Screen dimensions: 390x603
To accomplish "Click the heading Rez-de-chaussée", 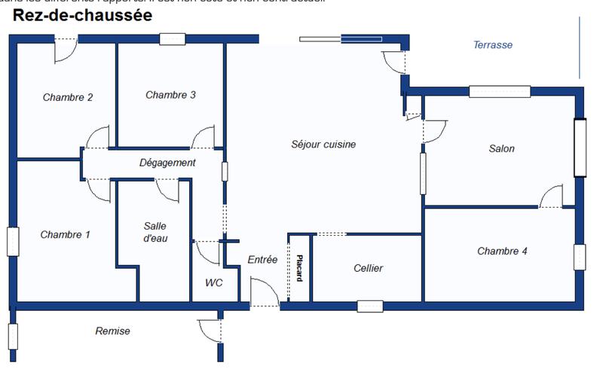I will (x=82, y=16).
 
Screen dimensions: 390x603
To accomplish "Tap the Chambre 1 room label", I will (x=66, y=235).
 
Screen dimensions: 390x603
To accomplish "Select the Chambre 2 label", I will (x=68, y=97).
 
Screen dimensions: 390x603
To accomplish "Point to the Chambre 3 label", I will (x=170, y=95).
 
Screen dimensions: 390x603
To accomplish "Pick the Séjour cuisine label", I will (x=323, y=144).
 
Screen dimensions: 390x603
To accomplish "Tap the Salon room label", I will (x=502, y=148).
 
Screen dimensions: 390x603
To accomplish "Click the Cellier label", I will (x=368, y=268).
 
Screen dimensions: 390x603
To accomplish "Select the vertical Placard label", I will (x=299, y=267).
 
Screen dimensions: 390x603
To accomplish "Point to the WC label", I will (x=213, y=283).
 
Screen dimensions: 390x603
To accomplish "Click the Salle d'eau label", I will (x=155, y=232).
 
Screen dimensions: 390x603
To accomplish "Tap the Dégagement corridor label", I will (x=167, y=163).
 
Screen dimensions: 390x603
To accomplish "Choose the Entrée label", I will (x=262, y=260).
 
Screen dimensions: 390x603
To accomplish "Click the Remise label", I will (x=112, y=331).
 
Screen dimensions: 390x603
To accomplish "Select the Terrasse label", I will (x=493, y=44).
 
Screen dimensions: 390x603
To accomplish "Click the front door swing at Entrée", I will (x=262, y=291).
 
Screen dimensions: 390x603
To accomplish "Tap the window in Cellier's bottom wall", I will (x=370, y=306).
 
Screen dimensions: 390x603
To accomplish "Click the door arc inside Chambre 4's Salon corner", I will (x=552, y=196).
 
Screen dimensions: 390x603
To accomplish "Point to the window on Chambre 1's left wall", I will (x=13, y=241).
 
